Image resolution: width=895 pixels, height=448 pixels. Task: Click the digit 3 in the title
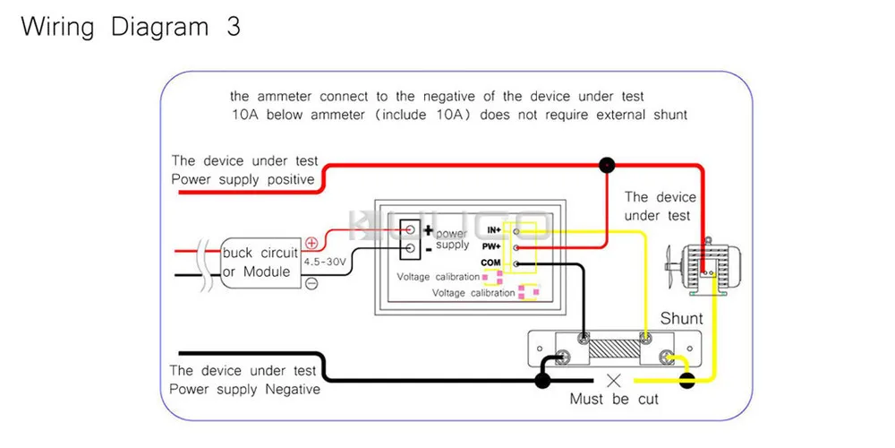point(233,26)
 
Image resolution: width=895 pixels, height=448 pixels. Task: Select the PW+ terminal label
point(491,246)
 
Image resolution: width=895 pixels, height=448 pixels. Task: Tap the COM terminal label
point(490,263)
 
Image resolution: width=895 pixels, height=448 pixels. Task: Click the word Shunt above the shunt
point(682,318)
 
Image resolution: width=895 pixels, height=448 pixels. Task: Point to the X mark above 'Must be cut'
point(614,380)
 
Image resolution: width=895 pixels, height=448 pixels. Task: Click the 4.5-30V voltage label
point(325,262)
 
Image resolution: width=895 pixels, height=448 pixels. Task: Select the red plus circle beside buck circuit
point(311,243)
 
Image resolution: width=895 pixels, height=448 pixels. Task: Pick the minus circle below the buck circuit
point(311,283)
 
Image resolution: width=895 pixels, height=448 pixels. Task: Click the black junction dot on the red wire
point(608,165)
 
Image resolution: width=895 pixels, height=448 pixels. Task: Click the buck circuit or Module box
point(260,262)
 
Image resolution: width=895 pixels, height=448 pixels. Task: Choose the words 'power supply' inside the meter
point(452,239)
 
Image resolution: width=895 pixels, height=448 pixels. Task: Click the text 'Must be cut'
point(613,399)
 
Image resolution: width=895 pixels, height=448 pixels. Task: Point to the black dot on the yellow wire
point(687,381)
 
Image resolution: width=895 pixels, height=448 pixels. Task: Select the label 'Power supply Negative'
point(244,390)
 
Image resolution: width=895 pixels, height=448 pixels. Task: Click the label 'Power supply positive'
point(243,179)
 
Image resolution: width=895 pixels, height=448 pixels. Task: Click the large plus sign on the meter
point(428,230)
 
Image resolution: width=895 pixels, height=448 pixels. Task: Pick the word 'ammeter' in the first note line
point(284,96)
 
